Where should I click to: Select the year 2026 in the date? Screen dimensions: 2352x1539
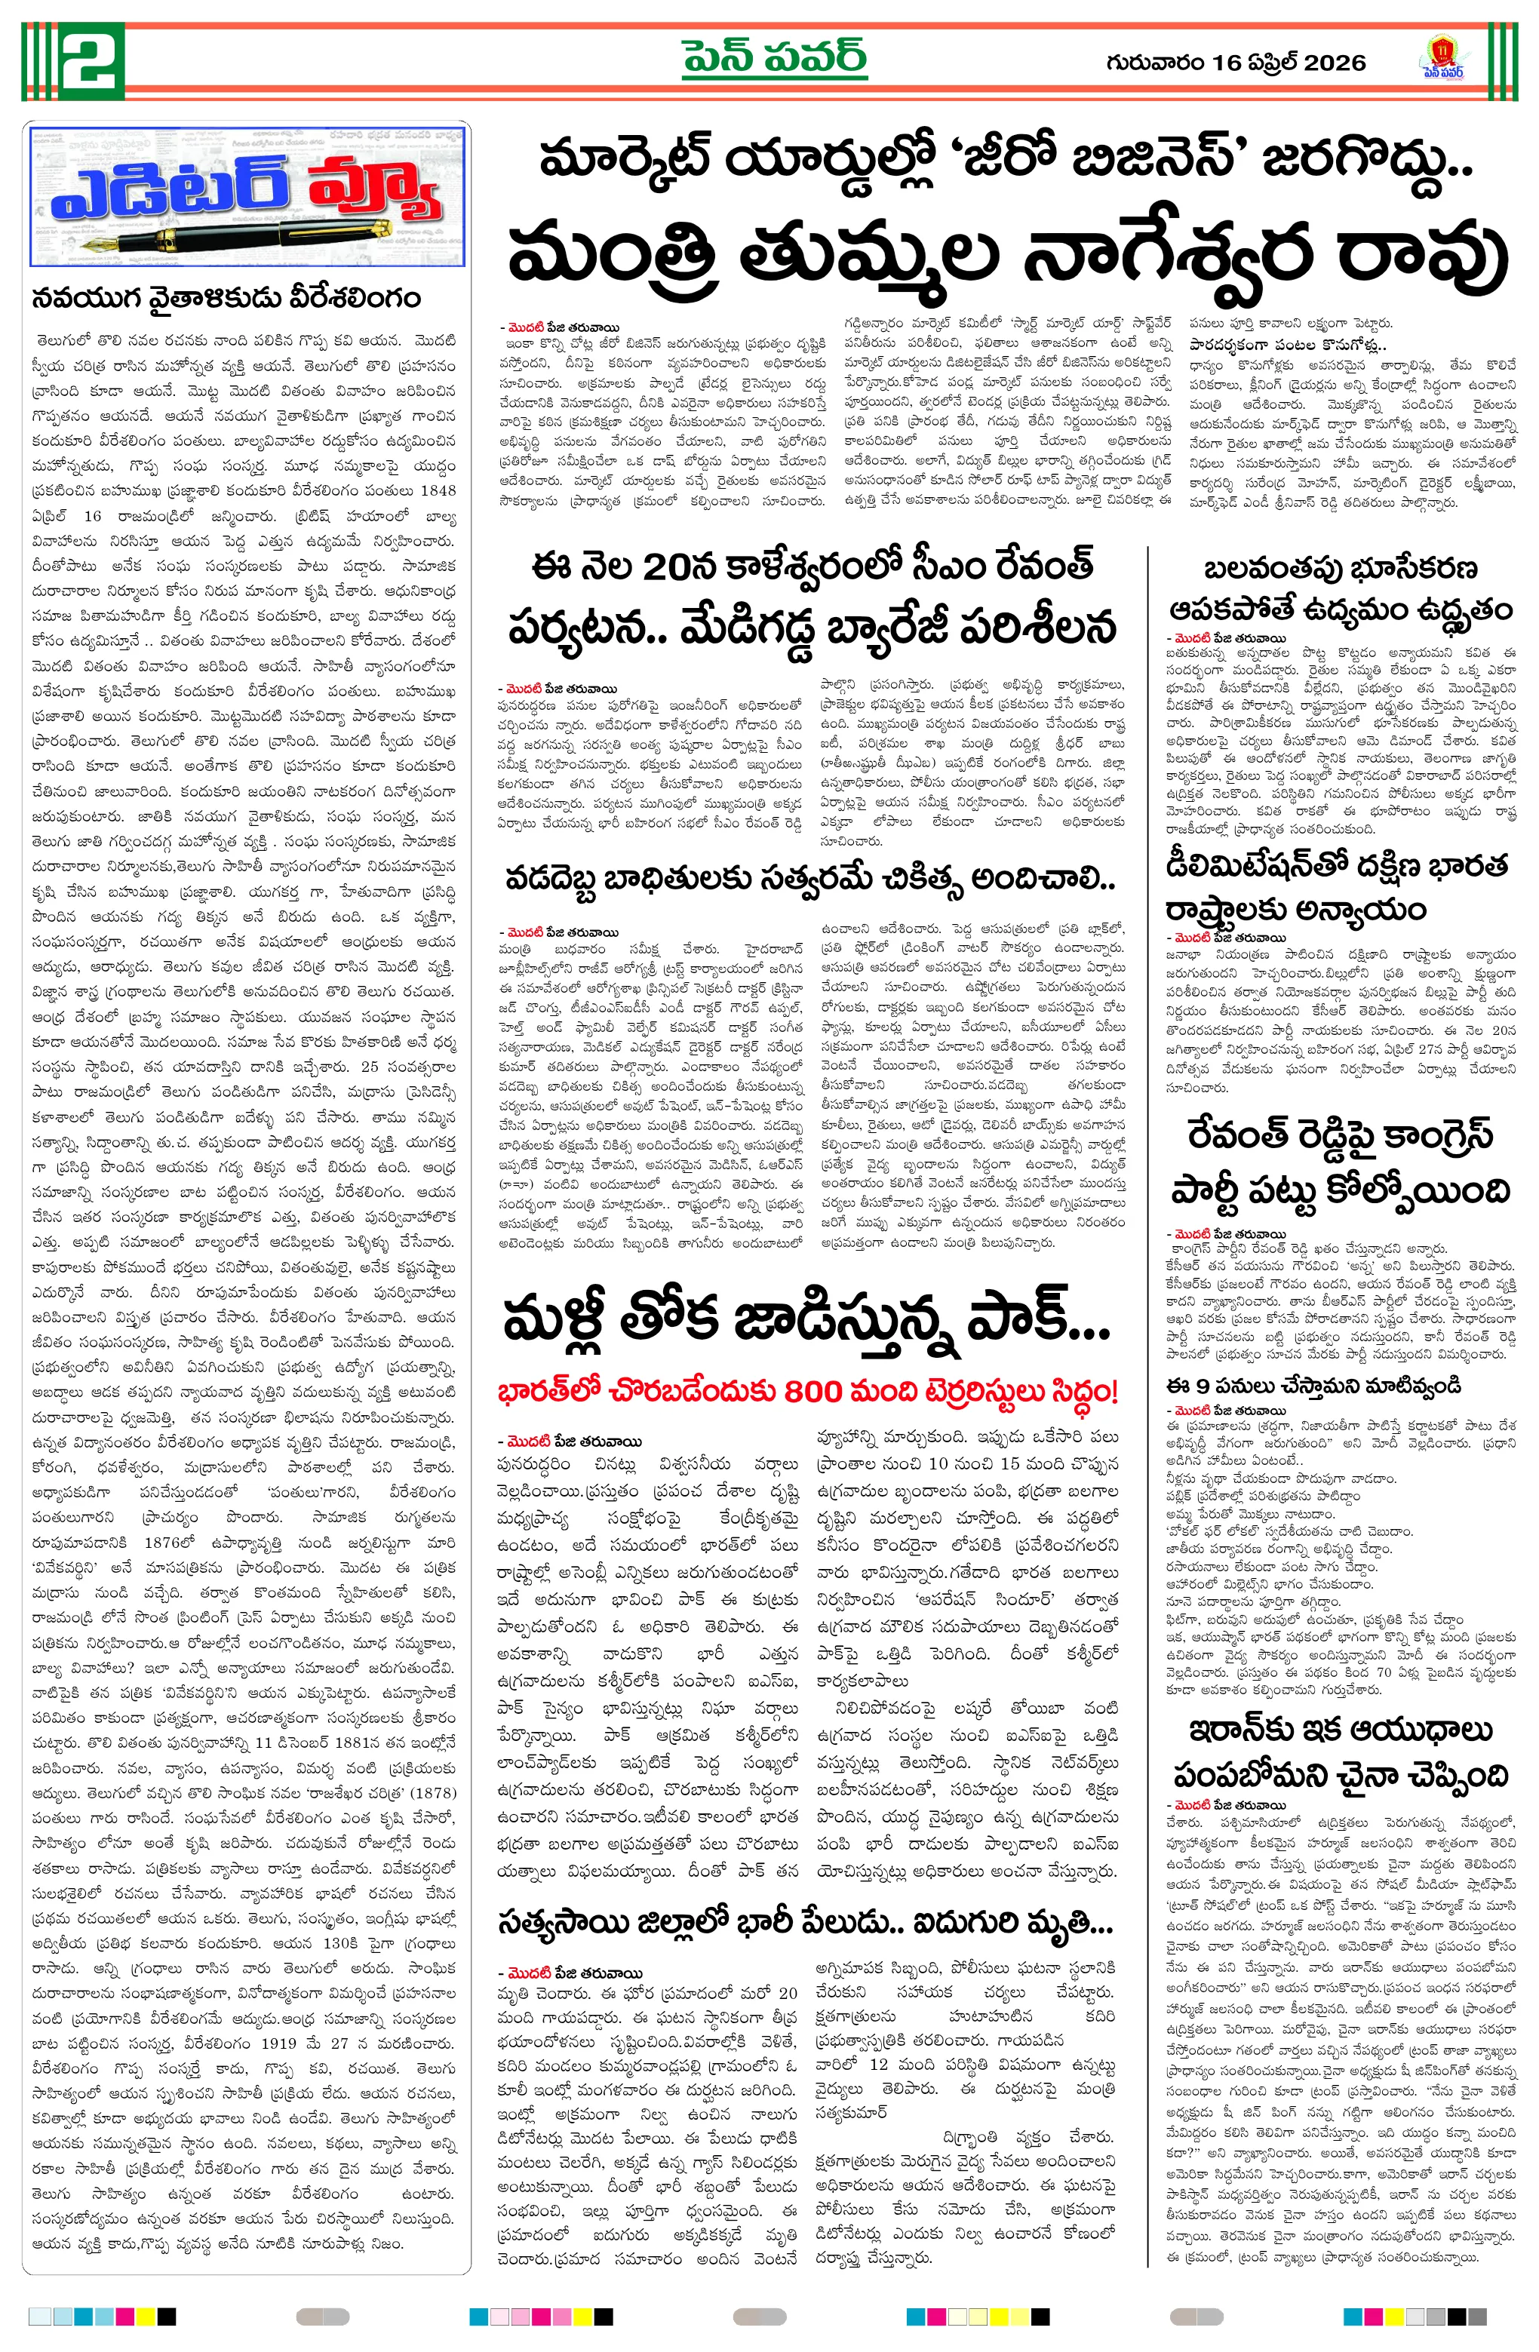[1335, 63]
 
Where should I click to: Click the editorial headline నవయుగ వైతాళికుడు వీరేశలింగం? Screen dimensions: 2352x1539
[226, 297]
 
